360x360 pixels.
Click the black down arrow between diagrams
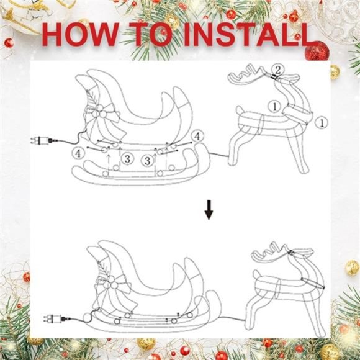(209, 213)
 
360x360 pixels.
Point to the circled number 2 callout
(279, 68)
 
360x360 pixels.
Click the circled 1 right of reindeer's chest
(321, 123)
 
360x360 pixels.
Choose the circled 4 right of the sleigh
(197, 136)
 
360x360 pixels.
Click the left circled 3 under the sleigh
(126, 159)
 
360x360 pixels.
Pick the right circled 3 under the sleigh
(148, 161)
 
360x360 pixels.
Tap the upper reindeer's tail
(239, 112)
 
